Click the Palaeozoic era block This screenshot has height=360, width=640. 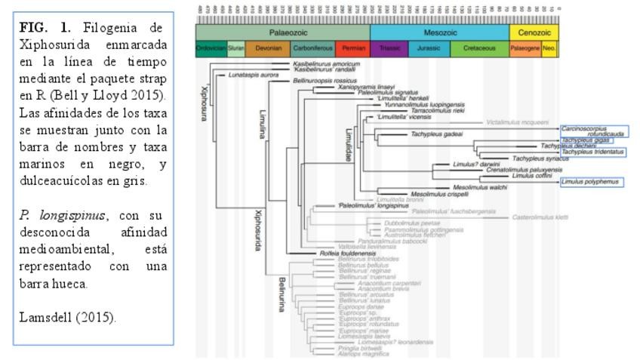coord(282,32)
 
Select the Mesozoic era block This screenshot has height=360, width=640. coord(440,32)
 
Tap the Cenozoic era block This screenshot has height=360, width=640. coord(535,32)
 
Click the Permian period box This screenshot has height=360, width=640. coord(352,48)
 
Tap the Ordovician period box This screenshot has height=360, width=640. coord(211,48)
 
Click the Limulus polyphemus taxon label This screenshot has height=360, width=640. coord(589,182)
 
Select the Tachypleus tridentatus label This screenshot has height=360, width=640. coord(592,152)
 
